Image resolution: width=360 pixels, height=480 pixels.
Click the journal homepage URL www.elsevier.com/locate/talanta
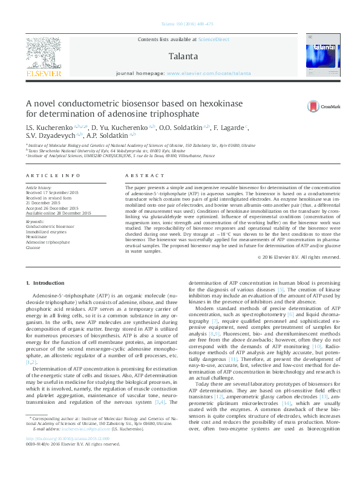click(209, 73)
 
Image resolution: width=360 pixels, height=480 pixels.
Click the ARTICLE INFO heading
click(53, 175)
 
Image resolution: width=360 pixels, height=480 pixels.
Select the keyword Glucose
click(33, 248)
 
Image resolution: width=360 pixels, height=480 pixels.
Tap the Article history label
click(39, 187)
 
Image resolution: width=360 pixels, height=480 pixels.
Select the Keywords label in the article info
click(35, 221)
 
